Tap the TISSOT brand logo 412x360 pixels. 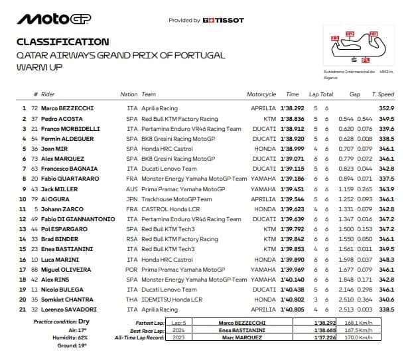click(x=223, y=21)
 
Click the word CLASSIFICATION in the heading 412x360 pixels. click(x=63, y=42)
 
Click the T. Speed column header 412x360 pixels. click(x=383, y=95)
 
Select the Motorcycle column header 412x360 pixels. click(x=261, y=95)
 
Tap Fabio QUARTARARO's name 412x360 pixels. click(x=71, y=178)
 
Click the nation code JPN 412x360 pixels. click(x=132, y=198)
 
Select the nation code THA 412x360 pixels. click(x=132, y=300)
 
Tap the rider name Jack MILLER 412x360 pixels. click(x=60, y=188)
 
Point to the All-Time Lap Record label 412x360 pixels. click(x=152, y=339)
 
